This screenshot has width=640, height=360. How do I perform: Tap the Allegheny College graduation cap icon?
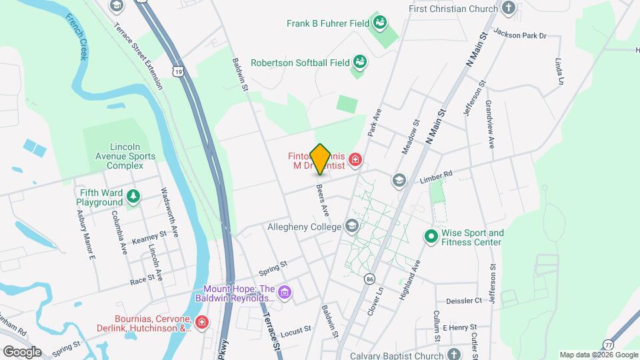[x=351, y=227]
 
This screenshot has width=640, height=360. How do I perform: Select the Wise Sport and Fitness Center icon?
[x=431, y=236]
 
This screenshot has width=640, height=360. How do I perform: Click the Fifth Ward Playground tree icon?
[x=134, y=196]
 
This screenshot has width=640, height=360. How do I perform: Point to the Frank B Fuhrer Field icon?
[x=380, y=23]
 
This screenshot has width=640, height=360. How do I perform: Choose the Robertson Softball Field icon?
[x=360, y=62]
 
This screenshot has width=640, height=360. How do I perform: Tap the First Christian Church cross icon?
[x=509, y=9]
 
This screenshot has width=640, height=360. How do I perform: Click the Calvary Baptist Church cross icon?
[x=454, y=355]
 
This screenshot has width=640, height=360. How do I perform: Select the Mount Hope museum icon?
[x=285, y=291]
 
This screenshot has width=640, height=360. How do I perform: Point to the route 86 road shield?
[x=371, y=278]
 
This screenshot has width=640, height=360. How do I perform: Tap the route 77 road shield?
[x=608, y=344]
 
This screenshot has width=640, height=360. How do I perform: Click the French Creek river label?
[x=77, y=36]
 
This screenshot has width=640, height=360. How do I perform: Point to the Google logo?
[x=21, y=352]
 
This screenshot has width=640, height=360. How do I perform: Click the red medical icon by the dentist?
[x=355, y=159]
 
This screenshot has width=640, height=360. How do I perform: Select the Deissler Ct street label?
[x=463, y=301]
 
